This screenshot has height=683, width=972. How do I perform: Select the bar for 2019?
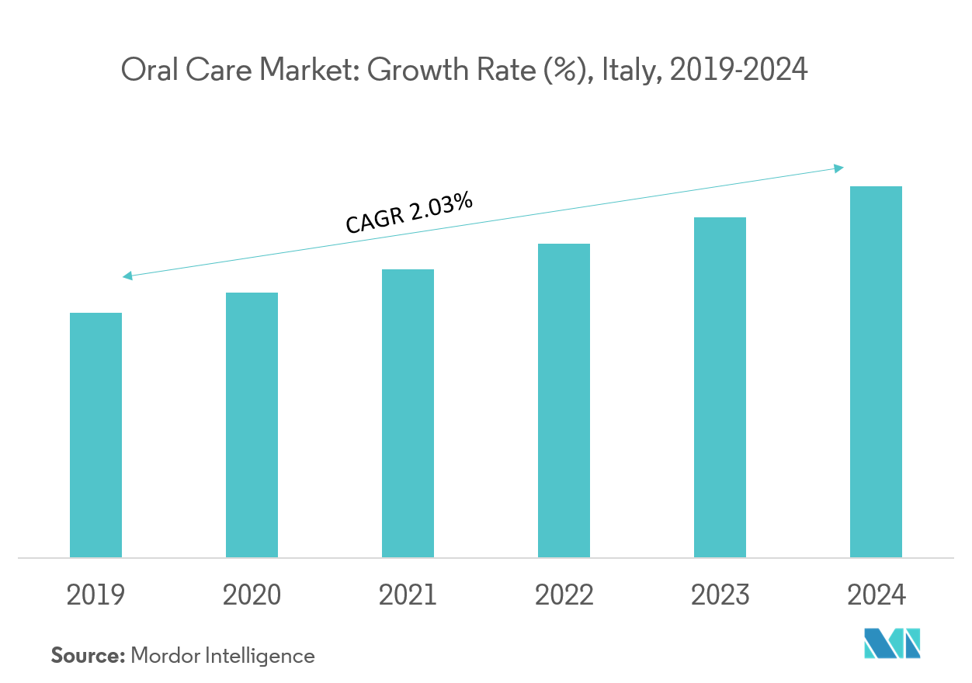click(95, 435)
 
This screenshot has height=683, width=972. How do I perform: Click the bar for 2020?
click(252, 425)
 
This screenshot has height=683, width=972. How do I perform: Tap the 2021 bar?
click(408, 413)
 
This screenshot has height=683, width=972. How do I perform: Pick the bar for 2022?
click(564, 400)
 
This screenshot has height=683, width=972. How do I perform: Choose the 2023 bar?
click(720, 387)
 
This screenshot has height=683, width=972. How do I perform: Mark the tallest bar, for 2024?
click(876, 372)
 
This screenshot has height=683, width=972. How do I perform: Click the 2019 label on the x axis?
click(95, 595)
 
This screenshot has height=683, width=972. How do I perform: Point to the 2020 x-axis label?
click(252, 595)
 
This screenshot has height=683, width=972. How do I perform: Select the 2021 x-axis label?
click(408, 595)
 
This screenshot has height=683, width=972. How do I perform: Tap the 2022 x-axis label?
click(564, 595)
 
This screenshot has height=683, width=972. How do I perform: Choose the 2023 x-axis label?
click(720, 595)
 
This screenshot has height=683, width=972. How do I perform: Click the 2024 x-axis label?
click(876, 595)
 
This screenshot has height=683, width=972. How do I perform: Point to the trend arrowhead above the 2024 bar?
click(839, 168)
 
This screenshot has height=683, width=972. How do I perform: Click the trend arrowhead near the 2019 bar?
click(127, 276)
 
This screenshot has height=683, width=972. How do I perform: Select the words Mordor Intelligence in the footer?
click(223, 656)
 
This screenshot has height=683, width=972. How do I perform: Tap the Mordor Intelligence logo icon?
click(892, 643)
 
